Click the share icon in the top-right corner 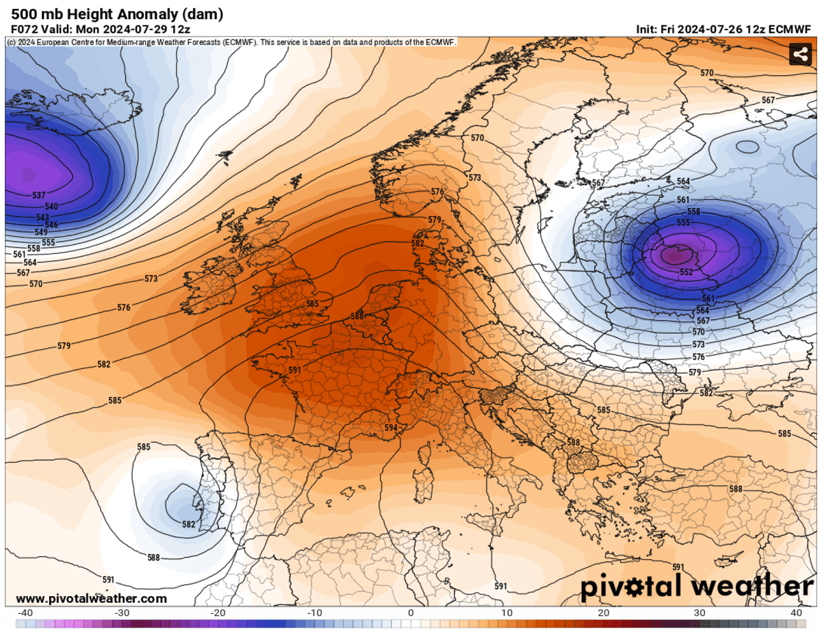(x=799, y=53)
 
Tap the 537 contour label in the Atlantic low (x=39, y=196)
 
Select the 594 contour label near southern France (x=391, y=428)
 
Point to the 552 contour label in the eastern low (x=686, y=272)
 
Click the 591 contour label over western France (x=295, y=370)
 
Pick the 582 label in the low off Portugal (x=189, y=525)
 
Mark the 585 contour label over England (x=312, y=304)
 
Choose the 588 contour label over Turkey (x=736, y=489)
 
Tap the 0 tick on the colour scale (x=411, y=612)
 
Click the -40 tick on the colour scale (x=25, y=612)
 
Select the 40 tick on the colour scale (x=796, y=612)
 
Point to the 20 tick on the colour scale (x=604, y=612)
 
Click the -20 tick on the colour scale (x=218, y=612)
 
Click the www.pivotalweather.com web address (x=91, y=598)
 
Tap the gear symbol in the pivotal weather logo (x=647, y=587)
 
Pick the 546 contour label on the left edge (x=51, y=224)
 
